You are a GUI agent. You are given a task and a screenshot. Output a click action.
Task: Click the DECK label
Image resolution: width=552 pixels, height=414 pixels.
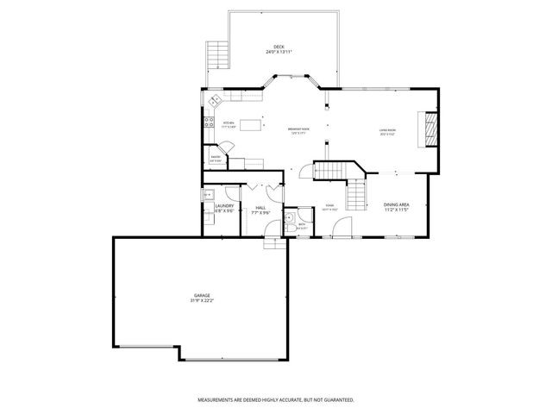[278, 47]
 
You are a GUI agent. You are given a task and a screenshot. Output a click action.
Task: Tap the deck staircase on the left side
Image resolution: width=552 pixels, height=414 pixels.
[217, 58]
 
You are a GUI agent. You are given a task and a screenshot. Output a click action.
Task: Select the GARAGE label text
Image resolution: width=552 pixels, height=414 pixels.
[201, 295]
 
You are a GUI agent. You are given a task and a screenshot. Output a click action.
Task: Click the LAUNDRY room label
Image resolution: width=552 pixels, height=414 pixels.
[225, 205]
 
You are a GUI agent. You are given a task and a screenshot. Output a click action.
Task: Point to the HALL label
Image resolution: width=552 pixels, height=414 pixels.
[260, 207]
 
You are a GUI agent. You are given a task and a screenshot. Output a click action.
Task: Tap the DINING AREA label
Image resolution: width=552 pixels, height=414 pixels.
[395, 204]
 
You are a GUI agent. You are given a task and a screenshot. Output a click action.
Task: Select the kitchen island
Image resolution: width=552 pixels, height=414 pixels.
[251, 125]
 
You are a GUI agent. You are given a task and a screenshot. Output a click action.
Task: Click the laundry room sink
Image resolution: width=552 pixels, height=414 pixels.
[208, 196]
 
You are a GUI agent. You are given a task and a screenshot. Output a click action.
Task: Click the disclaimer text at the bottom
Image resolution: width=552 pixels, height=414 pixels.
[275, 400]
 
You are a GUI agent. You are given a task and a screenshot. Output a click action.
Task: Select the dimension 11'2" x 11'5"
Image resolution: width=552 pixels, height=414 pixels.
[395, 210]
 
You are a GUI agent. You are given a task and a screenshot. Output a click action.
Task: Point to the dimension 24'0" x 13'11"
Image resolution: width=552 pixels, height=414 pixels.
[278, 53]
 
